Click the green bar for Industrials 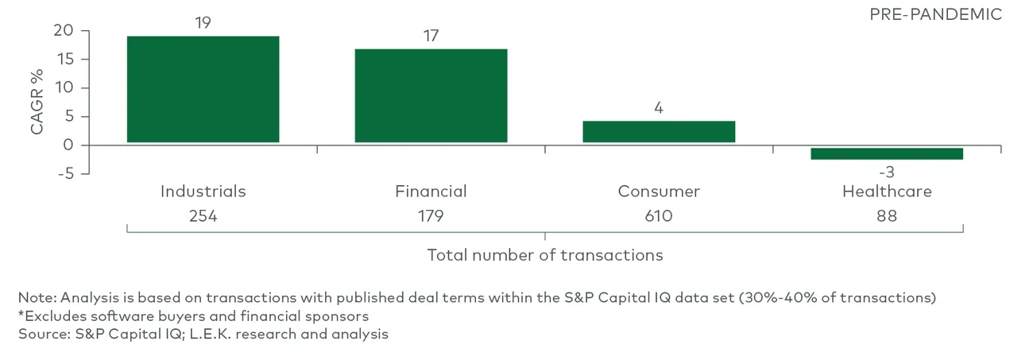203,89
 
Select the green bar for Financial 431,95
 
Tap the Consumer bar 659,132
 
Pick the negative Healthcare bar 887,153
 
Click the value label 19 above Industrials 203,23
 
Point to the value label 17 431,36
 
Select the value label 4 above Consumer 659,108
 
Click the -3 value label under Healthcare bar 887,172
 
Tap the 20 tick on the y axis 64,31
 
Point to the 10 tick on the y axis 64,88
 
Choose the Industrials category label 203,192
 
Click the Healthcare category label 887,192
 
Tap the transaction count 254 203,215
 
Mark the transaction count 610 659,215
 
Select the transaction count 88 887,215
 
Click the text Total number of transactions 545,255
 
